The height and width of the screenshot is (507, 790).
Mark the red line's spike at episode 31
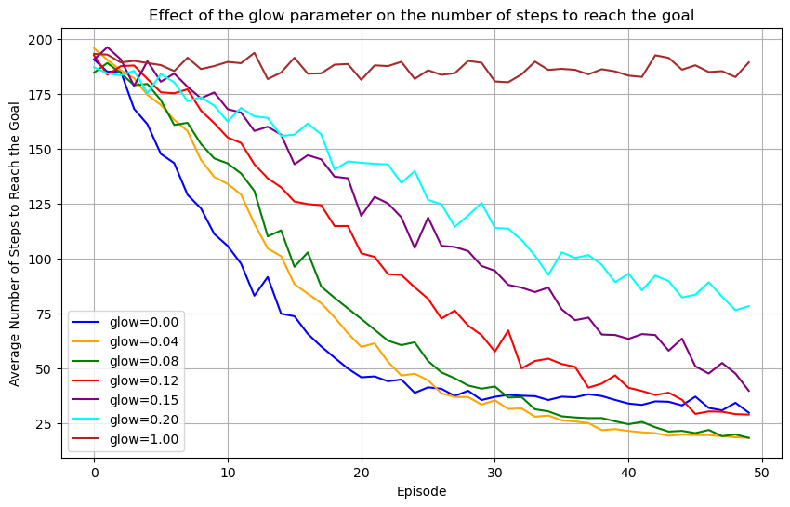[x=508, y=330]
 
